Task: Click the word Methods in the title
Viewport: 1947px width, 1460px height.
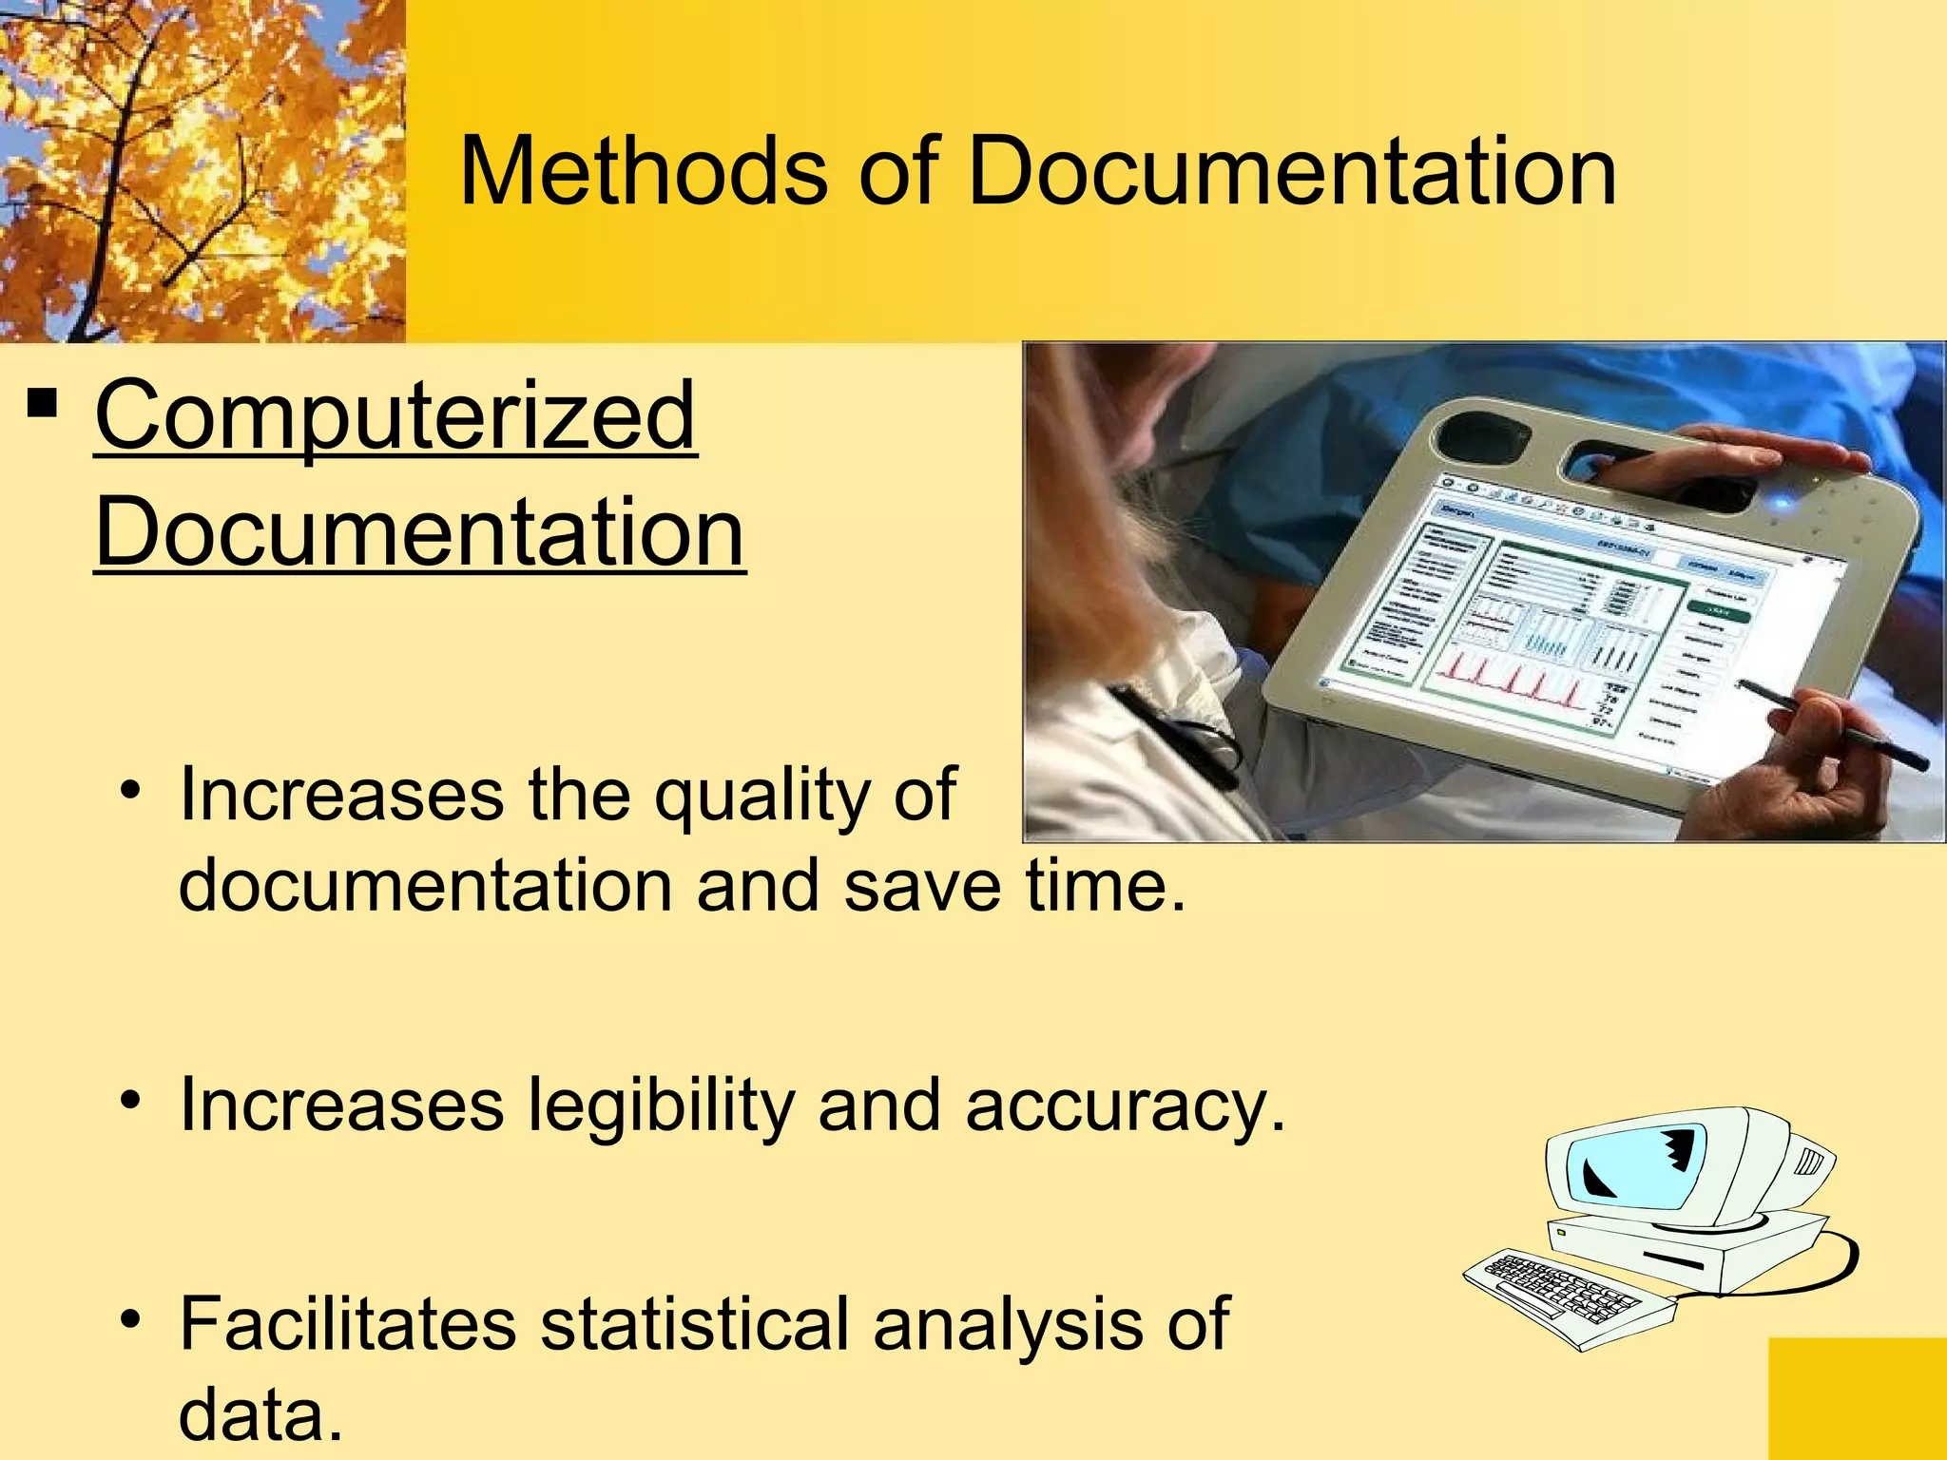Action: coord(643,171)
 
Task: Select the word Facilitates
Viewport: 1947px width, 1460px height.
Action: coord(348,1323)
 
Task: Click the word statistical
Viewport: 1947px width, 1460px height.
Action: coord(694,1323)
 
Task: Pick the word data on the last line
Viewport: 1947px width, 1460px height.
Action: coord(260,1414)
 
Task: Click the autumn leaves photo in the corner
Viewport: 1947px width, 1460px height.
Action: coord(202,171)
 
